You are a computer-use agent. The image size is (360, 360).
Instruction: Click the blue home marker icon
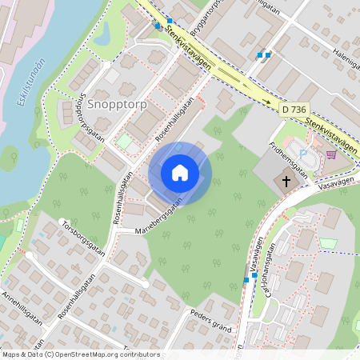(180, 173)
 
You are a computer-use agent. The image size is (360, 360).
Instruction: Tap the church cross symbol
(286, 182)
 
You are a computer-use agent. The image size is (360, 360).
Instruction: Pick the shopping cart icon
(331, 154)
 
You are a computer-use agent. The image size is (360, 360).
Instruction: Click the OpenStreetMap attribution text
(81, 354)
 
